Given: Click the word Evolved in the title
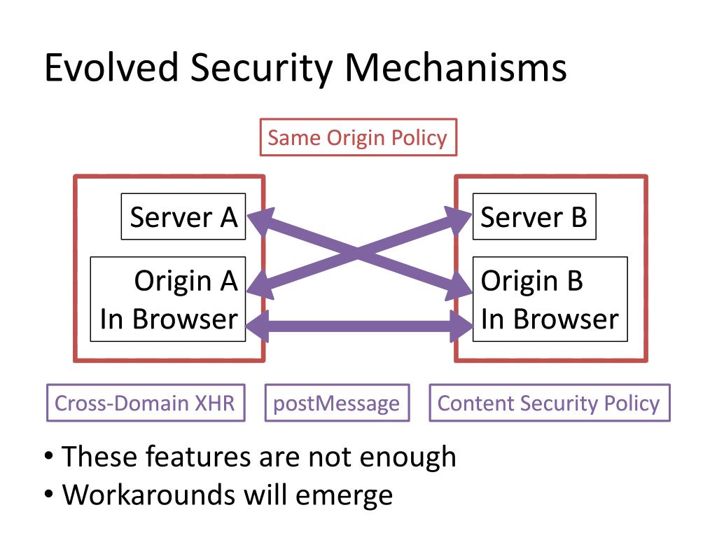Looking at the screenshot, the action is tap(111, 67).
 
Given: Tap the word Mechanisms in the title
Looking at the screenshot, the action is tap(455, 67).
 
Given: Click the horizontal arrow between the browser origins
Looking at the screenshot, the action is tap(359, 326).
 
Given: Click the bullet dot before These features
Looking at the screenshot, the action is tap(49, 456).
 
